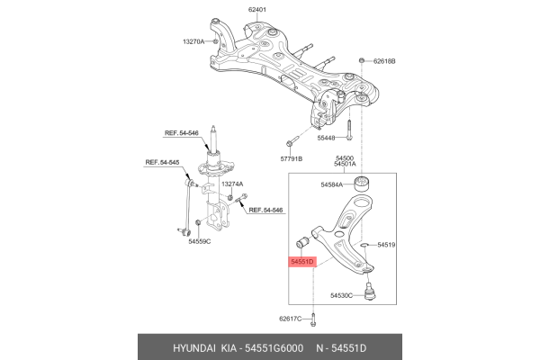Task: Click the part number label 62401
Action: click(x=256, y=10)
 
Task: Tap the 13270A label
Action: click(x=193, y=41)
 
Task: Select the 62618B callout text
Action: click(x=384, y=61)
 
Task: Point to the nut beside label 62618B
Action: click(x=362, y=60)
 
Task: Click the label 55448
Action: click(x=326, y=138)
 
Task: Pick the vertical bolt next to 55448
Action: click(x=348, y=130)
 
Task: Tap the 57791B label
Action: click(x=292, y=158)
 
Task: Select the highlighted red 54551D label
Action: click(x=302, y=262)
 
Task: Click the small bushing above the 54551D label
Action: click(x=303, y=242)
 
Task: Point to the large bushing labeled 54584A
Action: click(x=362, y=183)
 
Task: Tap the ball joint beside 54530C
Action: click(x=370, y=291)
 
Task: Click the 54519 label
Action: click(x=386, y=245)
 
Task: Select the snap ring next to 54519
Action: click(x=364, y=245)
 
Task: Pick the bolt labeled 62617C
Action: click(x=312, y=319)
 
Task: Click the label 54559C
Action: click(x=200, y=241)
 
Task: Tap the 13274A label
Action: click(x=232, y=184)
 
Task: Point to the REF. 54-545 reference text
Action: click(x=162, y=162)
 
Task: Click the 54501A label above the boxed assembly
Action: click(x=345, y=164)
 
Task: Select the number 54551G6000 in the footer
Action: click(x=274, y=348)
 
